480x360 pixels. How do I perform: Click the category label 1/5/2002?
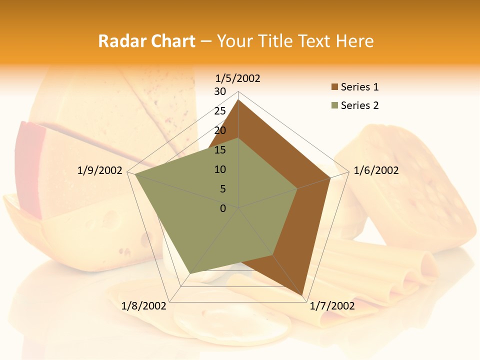click(x=238, y=78)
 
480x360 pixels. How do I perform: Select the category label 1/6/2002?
click(x=376, y=170)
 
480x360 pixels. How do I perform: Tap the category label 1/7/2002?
click(x=332, y=305)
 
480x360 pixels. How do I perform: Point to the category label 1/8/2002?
click(x=144, y=305)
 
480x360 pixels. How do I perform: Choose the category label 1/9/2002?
click(x=100, y=170)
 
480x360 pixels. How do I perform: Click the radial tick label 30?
click(x=220, y=91)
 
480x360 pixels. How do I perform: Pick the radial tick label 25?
click(x=220, y=111)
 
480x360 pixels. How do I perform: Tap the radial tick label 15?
click(x=220, y=150)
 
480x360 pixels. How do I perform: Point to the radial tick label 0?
click(x=223, y=208)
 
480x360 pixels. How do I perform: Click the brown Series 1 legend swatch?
click(x=334, y=87)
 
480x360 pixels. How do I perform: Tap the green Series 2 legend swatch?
click(x=334, y=105)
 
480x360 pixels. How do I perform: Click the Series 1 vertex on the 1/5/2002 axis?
click(x=238, y=100)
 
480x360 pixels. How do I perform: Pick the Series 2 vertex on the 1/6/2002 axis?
click(x=297, y=188)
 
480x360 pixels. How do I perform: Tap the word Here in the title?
click(x=354, y=41)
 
